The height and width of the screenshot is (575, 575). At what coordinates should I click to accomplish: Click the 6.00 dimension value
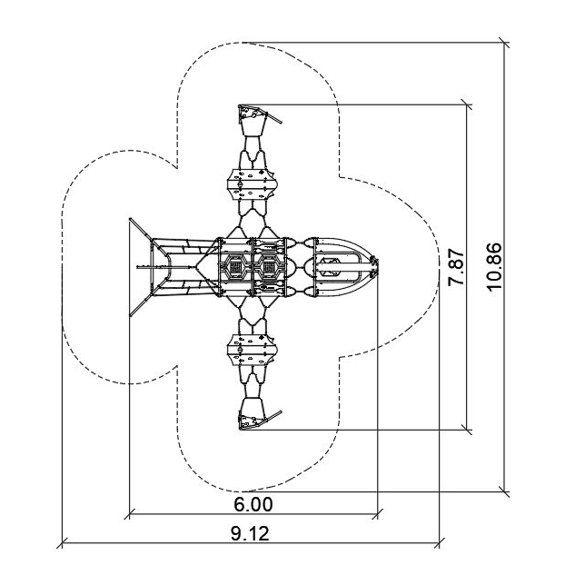pyautogui.click(x=253, y=504)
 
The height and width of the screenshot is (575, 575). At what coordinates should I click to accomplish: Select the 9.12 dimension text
pyautogui.click(x=250, y=533)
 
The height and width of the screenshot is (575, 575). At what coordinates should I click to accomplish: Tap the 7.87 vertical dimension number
pyautogui.click(x=457, y=268)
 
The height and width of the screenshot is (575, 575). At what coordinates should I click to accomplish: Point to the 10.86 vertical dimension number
pyautogui.click(x=494, y=266)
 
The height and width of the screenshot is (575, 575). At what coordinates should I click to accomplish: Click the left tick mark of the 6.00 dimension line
pyautogui.click(x=130, y=514)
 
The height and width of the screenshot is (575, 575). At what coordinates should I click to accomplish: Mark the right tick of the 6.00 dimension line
pyautogui.click(x=377, y=514)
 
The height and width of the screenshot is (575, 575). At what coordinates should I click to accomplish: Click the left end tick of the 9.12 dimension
pyautogui.click(x=63, y=543)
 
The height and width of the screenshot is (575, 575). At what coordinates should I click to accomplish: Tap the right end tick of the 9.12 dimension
pyautogui.click(x=440, y=543)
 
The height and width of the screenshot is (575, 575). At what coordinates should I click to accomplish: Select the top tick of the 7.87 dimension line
pyautogui.click(x=467, y=104)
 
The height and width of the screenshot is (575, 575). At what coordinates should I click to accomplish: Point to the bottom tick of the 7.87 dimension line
pyautogui.click(x=467, y=430)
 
